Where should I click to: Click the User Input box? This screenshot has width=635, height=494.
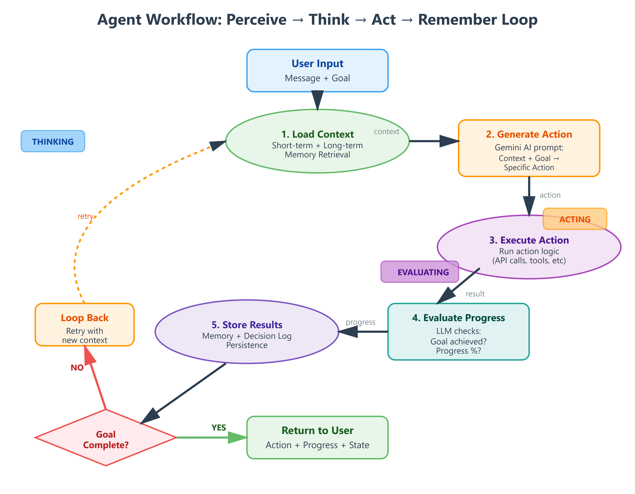click(x=317, y=71)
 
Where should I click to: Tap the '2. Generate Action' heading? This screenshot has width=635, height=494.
click(x=529, y=134)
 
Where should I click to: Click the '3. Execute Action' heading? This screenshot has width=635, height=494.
click(x=529, y=240)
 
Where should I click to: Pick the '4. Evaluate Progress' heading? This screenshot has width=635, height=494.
click(x=458, y=318)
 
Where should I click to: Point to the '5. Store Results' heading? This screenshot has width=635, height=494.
click(x=247, y=325)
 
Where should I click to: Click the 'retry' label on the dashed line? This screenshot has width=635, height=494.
click(x=85, y=216)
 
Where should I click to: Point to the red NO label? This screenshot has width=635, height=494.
click(x=77, y=368)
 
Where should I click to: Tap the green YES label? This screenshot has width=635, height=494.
click(x=219, y=428)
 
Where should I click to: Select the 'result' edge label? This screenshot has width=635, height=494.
click(x=475, y=294)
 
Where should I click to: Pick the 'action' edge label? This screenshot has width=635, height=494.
click(x=550, y=195)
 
